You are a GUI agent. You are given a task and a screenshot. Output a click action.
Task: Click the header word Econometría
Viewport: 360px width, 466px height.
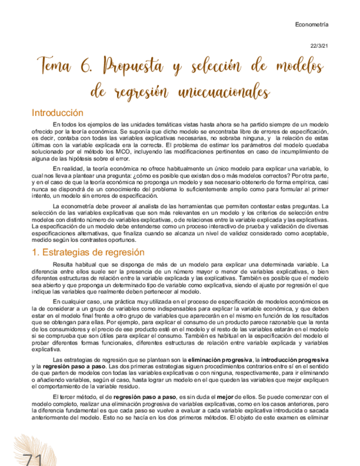[312, 25]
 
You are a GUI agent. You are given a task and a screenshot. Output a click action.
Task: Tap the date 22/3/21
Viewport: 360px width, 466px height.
[319, 47]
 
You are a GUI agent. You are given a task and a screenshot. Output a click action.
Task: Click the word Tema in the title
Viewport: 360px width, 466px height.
[54, 66]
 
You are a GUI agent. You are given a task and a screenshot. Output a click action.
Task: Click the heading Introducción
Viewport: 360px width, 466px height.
[57, 113]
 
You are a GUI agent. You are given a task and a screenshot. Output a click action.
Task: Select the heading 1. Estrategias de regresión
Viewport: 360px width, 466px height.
[88, 252]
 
